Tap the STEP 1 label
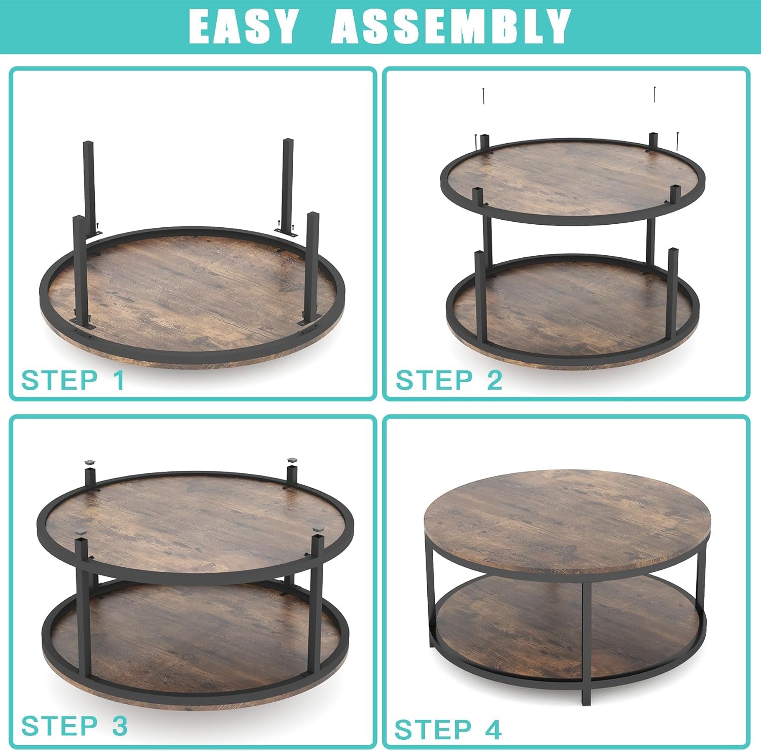pyautogui.click(x=73, y=380)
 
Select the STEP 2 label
pyautogui.click(x=449, y=380)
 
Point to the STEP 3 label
pyautogui.click(x=74, y=726)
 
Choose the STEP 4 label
pyautogui.click(x=448, y=730)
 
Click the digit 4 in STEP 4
pyautogui.click(x=493, y=730)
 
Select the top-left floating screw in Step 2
pyautogui.click(x=485, y=95)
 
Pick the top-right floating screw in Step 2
pyautogui.click(x=655, y=94)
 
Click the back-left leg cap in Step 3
pyautogui.click(x=90, y=462)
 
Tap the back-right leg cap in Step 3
pyautogui.click(x=292, y=461)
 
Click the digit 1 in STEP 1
pyautogui.click(x=119, y=380)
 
